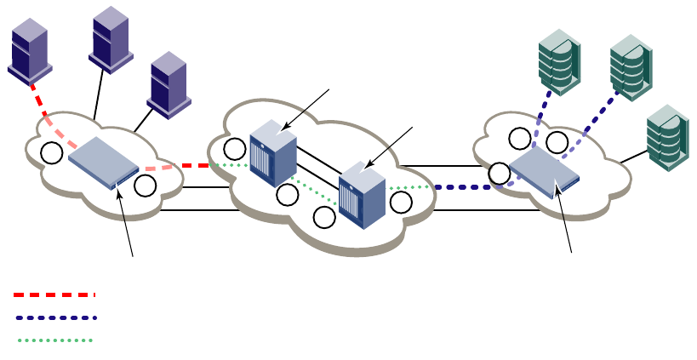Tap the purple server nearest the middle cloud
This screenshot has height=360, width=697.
click(168, 83)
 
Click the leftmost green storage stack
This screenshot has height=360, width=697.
click(559, 60)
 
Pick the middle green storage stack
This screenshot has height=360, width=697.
click(630, 66)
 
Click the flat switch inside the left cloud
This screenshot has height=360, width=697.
click(102, 163)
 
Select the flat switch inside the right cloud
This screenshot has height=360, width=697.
click(544, 169)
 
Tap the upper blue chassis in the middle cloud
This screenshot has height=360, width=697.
click(273, 152)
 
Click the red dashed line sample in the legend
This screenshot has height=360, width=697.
click(54, 295)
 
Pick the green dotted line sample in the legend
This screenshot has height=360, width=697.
click(54, 340)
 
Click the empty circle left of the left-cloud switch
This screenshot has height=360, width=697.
click(53, 153)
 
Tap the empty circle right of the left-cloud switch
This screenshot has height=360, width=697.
click(146, 185)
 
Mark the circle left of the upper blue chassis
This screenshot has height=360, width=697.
click(235, 149)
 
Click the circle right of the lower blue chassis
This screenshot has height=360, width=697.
click(401, 202)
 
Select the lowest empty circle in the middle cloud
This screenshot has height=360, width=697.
click(324, 218)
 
